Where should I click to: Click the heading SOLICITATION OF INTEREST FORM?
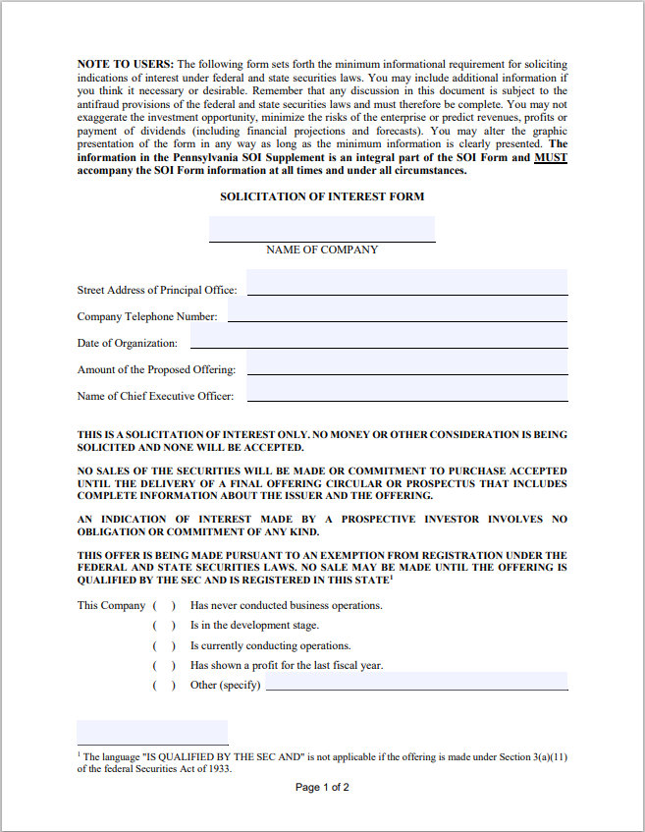click(x=322, y=196)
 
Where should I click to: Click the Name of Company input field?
click(x=322, y=229)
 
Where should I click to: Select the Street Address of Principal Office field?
click(x=407, y=283)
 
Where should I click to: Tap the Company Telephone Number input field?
click(x=398, y=309)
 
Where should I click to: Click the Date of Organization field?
click(x=379, y=336)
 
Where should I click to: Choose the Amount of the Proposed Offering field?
click(x=407, y=362)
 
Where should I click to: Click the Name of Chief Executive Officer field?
click(x=407, y=389)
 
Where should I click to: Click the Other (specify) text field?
click(x=416, y=681)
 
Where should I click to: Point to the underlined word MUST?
click(x=551, y=157)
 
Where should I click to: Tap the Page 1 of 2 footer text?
click(x=322, y=788)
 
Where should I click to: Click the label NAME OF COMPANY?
click(x=322, y=250)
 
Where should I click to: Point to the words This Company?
click(x=111, y=606)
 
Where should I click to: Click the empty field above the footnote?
click(x=152, y=732)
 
